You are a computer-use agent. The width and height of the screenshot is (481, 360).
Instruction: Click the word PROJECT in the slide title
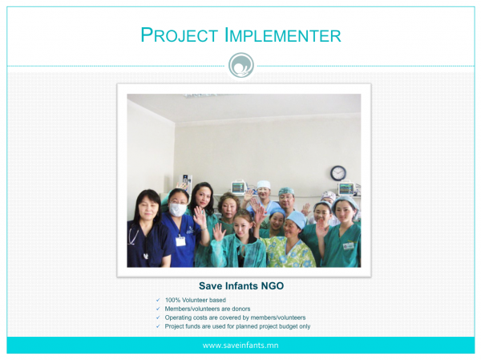tap(179, 34)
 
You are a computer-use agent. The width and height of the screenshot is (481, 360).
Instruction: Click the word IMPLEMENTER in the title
tap(283, 34)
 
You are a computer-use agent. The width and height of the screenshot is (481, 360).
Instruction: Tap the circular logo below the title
tap(241, 65)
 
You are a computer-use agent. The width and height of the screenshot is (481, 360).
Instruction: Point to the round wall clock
tap(338, 173)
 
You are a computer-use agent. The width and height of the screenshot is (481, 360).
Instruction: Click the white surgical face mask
tap(178, 209)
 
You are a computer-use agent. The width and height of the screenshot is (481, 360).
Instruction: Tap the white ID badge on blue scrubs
tap(180, 241)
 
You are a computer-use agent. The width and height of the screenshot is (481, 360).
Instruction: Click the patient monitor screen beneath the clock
tap(346, 188)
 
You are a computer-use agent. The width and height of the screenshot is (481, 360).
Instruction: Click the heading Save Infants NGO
tap(241, 285)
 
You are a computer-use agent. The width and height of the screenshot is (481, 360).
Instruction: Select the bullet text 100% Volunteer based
tap(195, 300)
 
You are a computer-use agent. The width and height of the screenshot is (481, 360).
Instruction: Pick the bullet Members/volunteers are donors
tap(208, 309)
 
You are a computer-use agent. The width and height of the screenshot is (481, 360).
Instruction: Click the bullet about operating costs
tap(235, 318)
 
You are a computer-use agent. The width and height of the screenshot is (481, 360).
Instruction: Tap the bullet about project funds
tap(237, 326)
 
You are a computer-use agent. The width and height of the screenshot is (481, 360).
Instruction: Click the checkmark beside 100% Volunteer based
tap(158, 300)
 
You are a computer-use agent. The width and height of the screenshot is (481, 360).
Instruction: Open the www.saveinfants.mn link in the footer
tap(240, 346)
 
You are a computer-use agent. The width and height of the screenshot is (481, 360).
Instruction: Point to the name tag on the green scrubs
tap(349, 246)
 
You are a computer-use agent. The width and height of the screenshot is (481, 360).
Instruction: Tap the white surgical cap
tap(264, 184)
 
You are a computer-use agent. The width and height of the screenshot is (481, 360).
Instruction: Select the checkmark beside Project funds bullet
tap(158, 326)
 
